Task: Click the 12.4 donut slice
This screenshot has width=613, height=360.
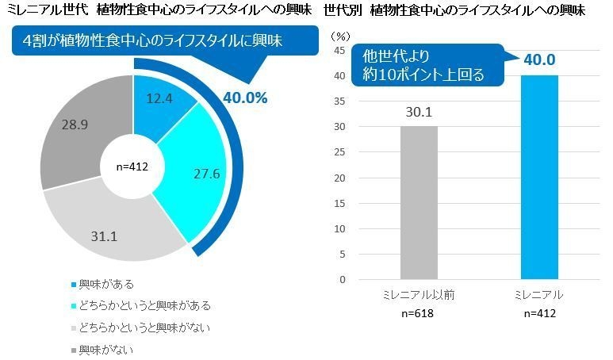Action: (x=159, y=99)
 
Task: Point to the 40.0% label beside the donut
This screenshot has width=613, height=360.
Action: (x=245, y=98)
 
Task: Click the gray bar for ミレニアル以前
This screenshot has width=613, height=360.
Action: (x=418, y=202)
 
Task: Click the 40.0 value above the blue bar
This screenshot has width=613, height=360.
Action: (x=538, y=60)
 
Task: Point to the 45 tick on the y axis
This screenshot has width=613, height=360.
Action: (x=339, y=51)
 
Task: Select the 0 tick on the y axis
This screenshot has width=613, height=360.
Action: (x=343, y=280)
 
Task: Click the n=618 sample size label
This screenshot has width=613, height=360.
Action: (x=418, y=313)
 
